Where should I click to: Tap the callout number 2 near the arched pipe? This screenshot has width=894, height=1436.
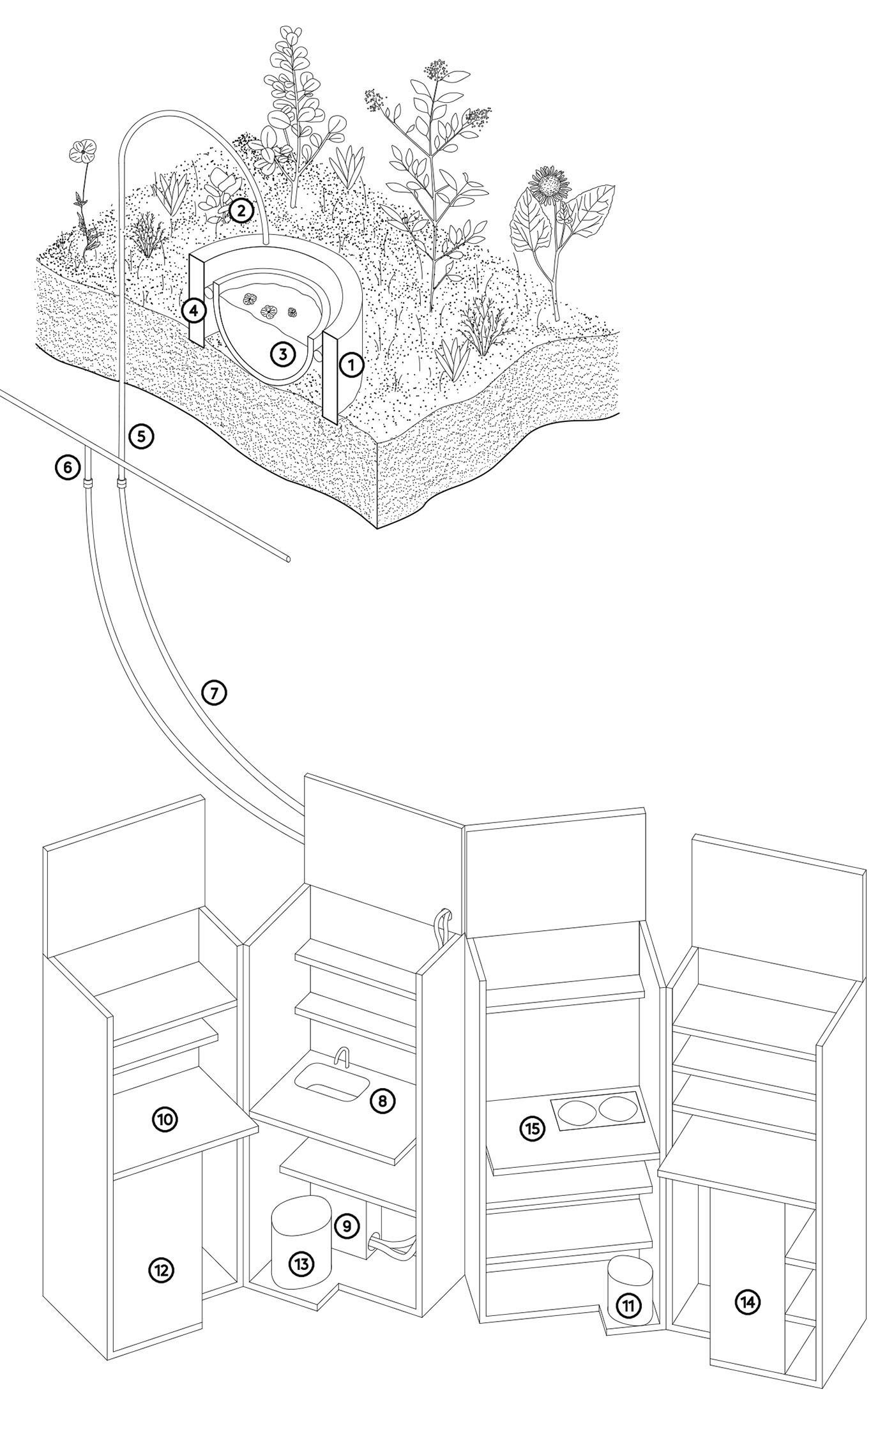tap(241, 210)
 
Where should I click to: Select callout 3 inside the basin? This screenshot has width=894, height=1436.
tap(283, 353)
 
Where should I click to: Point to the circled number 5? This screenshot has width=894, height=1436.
tap(141, 436)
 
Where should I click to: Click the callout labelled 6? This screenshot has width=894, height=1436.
tap(67, 468)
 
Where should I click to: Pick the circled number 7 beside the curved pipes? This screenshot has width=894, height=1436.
tap(215, 693)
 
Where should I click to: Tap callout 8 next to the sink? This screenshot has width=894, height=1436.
tap(383, 1100)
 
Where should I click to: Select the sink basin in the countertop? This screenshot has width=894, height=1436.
tap(331, 1084)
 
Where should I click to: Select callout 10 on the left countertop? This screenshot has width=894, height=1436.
tap(165, 1119)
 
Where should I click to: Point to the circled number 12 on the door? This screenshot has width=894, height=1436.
tap(162, 1270)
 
